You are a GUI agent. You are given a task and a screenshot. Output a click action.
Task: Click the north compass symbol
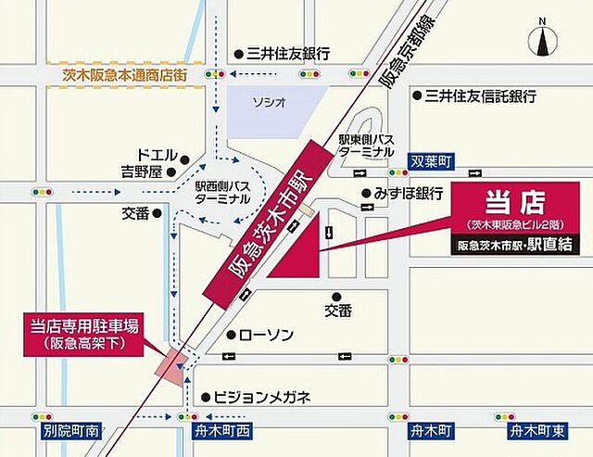pyautogui.click(x=544, y=41)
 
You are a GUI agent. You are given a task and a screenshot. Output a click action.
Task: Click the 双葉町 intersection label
pyautogui.click(x=431, y=161)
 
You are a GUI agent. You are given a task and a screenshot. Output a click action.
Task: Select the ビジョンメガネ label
pyautogui.click(x=262, y=397)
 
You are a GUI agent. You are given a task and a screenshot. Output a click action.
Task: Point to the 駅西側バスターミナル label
pyautogui.click(x=221, y=192)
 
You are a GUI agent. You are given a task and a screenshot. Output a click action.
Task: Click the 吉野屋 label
pyautogui.click(x=142, y=171)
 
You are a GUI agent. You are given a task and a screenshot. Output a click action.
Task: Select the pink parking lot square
pyautogui.click(x=172, y=362)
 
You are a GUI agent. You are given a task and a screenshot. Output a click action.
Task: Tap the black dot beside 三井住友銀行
pyautogui.click(x=238, y=54)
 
